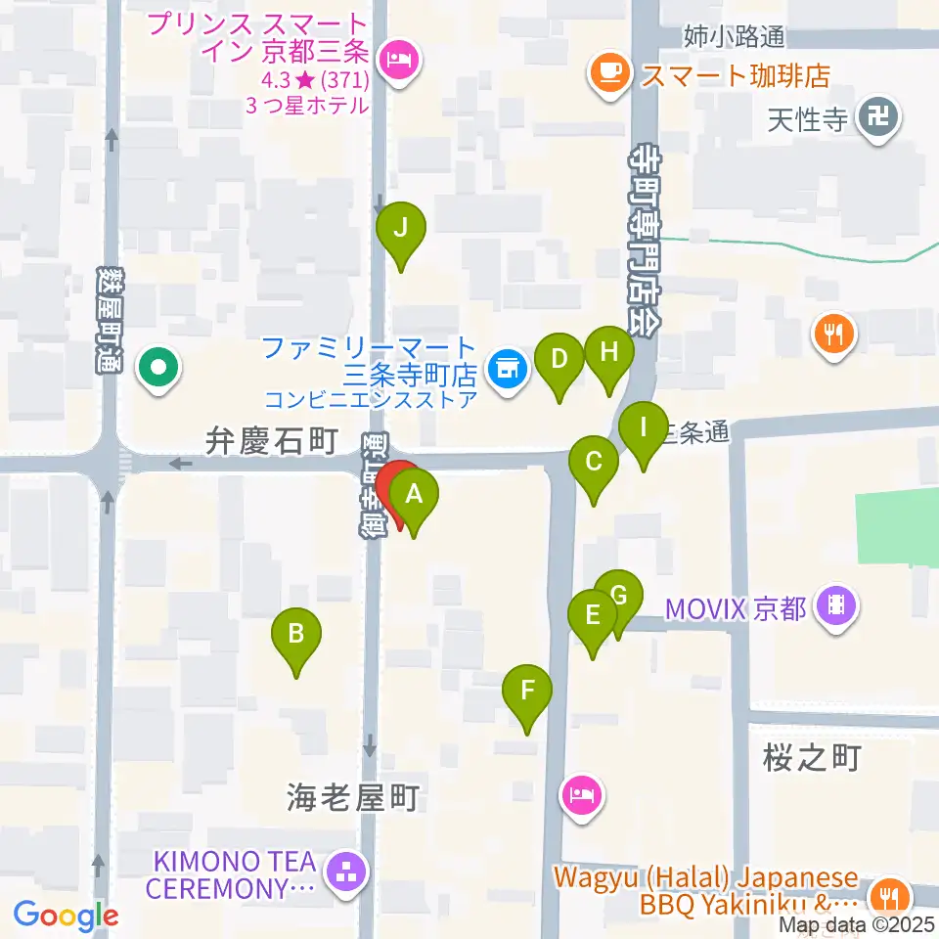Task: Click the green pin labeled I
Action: click(x=644, y=429)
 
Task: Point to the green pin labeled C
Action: click(x=593, y=462)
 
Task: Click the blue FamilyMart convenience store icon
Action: click(x=506, y=370)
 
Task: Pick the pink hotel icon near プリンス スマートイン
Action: click(x=398, y=65)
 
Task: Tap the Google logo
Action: click(x=67, y=916)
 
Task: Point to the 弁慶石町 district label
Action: click(x=271, y=440)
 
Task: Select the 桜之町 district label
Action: click(x=810, y=757)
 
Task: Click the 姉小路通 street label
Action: click(x=735, y=37)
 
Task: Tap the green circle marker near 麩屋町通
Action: click(x=157, y=369)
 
